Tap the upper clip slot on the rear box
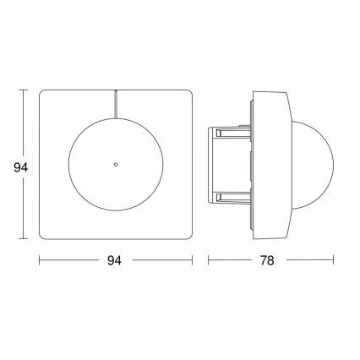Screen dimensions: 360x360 pos(230,131)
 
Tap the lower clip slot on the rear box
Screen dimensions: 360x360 pos(230,198)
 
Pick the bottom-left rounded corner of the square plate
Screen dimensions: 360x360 pos(44,233)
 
